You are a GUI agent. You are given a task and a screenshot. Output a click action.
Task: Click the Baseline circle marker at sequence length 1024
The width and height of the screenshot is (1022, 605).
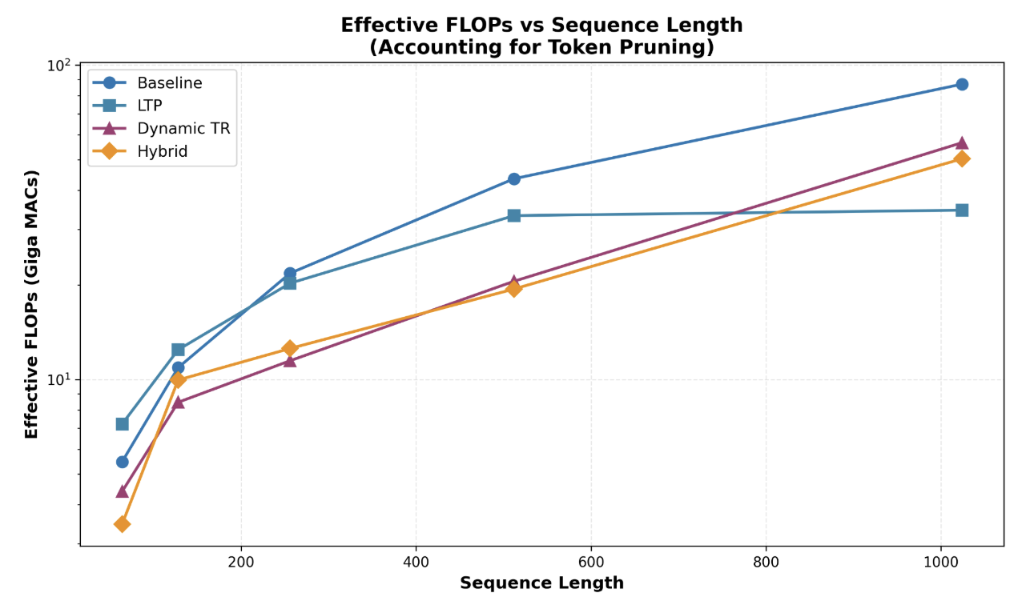[961, 84]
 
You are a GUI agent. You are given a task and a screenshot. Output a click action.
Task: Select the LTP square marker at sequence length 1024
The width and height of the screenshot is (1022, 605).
[961, 210]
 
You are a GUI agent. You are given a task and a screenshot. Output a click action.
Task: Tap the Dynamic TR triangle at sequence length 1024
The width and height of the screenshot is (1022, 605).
[961, 142]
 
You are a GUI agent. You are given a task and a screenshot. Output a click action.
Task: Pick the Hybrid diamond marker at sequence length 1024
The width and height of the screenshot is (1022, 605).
[961, 158]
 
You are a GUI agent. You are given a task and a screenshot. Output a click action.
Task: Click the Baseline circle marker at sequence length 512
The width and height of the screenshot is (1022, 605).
[513, 178]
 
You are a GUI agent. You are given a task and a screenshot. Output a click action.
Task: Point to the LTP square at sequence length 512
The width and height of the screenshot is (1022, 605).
[513, 215]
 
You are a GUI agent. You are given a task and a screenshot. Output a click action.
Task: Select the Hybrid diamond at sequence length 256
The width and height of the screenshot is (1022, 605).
[289, 348]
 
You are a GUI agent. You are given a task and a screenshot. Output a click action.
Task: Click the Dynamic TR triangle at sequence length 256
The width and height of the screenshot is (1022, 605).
[289, 360]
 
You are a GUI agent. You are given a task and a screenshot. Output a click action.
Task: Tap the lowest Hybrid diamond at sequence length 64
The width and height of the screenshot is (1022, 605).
[122, 523]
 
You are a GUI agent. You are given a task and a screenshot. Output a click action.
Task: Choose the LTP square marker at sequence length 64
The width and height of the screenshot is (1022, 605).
[122, 423]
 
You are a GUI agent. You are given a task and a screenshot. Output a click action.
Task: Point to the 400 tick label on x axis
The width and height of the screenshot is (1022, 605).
[416, 561]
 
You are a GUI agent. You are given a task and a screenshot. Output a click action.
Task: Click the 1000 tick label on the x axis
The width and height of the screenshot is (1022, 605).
[940, 561]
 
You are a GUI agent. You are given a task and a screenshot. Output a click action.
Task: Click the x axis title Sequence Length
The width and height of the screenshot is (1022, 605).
[541, 583]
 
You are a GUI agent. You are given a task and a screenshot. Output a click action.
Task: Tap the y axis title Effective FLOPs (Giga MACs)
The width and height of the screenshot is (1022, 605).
[32, 304]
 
